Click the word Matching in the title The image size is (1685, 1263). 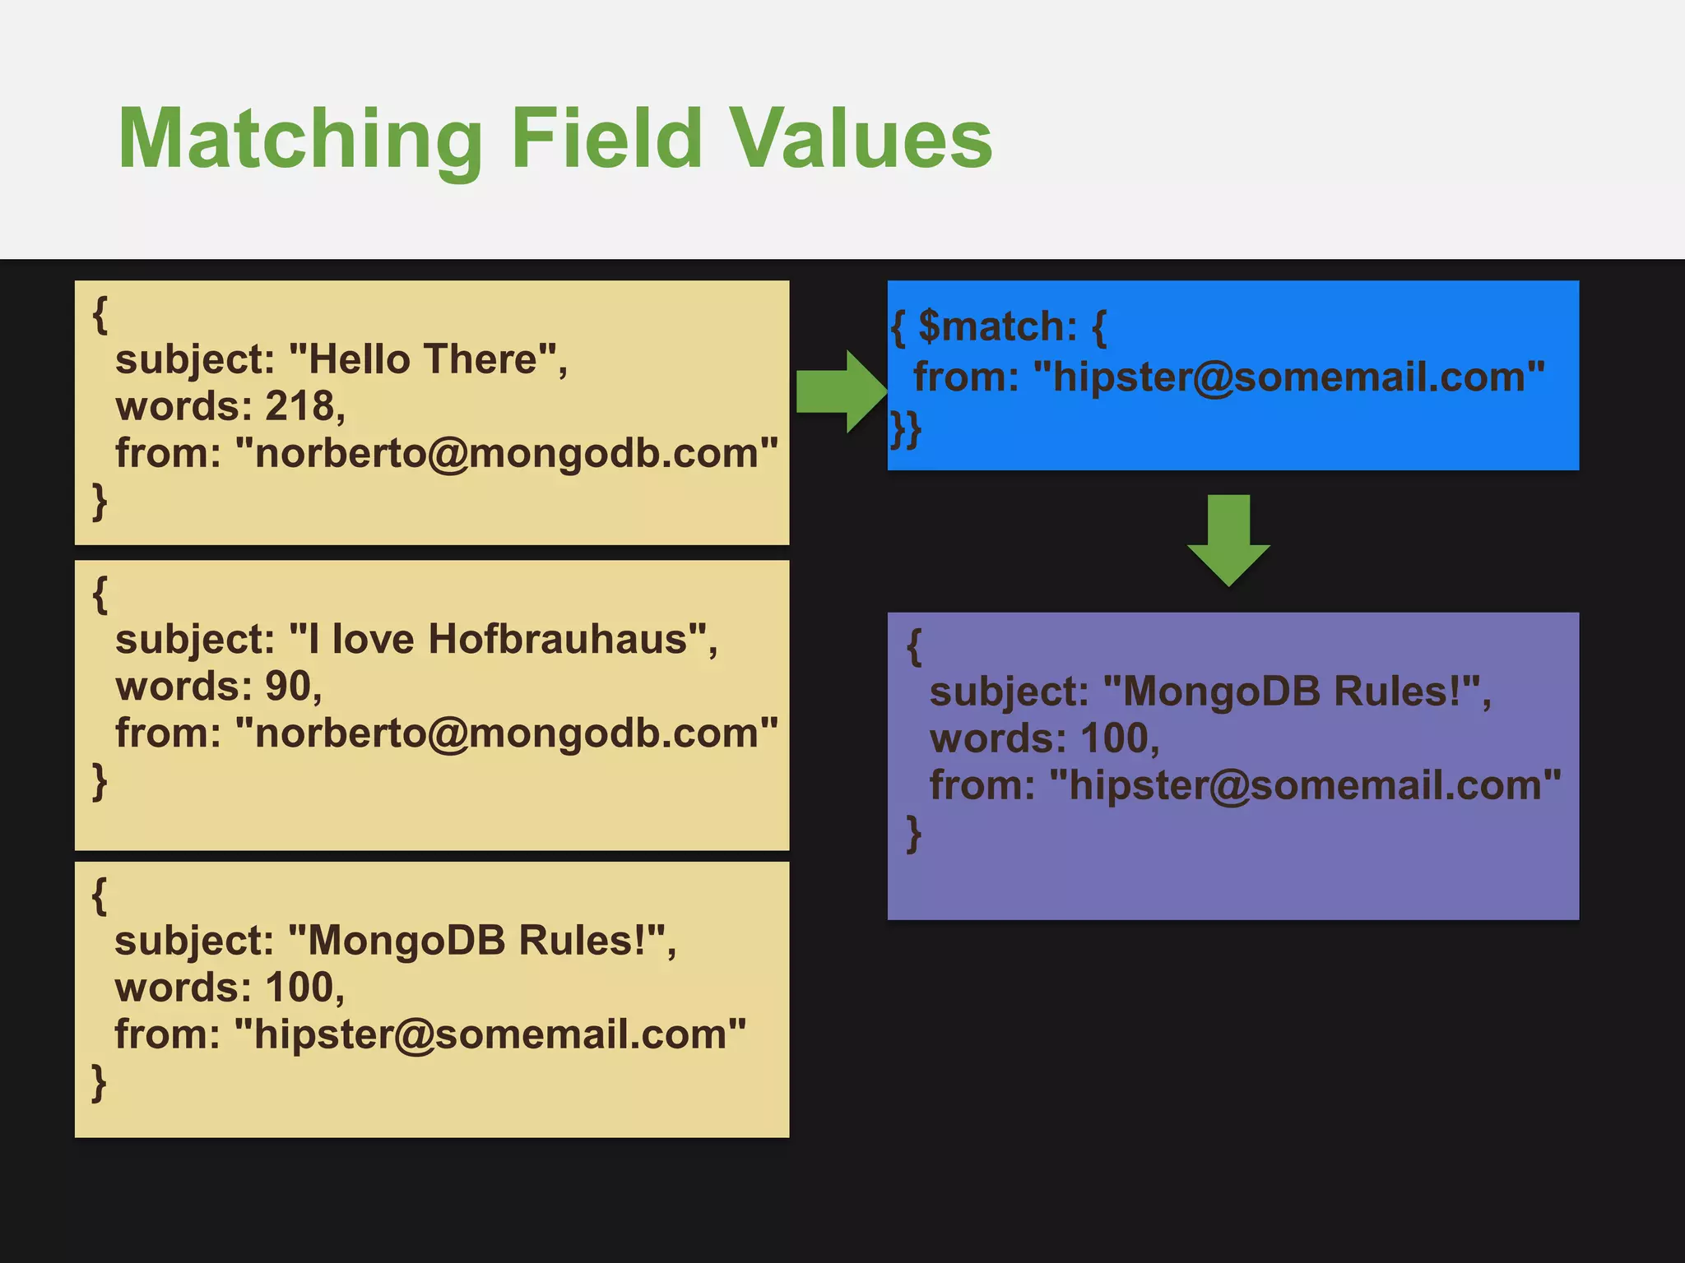click(x=300, y=140)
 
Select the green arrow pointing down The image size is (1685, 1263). click(x=1228, y=539)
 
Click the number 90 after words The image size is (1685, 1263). click(x=287, y=686)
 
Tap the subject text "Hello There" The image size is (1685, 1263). click(x=422, y=359)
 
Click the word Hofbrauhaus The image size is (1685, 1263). click(x=557, y=639)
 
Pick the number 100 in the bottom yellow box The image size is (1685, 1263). click(x=299, y=987)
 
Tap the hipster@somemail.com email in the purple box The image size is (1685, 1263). click(x=1305, y=785)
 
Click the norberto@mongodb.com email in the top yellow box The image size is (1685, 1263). click(x=506, y=453)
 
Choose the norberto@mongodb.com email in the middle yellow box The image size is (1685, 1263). click(x=506, y=733)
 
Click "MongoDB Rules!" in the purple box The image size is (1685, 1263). click(x=1291, y=691)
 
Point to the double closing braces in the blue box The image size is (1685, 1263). click(x=905, y=429)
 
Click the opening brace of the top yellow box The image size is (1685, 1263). click(x=100, y=314)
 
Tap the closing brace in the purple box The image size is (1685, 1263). click(x=913, y=834)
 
